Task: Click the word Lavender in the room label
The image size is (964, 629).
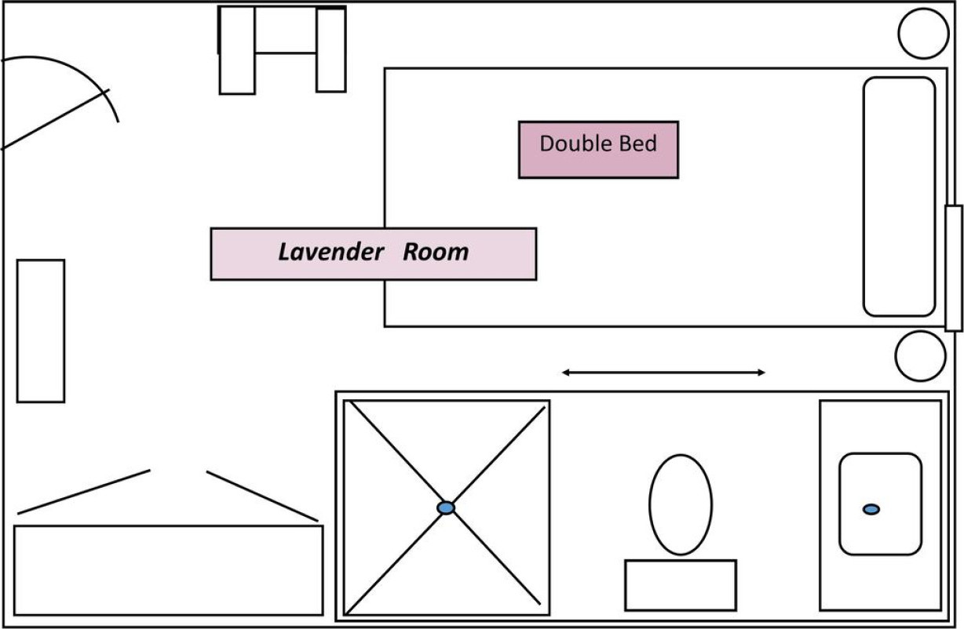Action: [331, 252]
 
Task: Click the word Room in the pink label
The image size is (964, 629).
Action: [436, 252]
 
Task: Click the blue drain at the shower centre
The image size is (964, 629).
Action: [446, 507]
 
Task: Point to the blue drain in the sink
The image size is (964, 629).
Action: [871, 510]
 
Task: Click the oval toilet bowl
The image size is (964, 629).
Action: [681, 505]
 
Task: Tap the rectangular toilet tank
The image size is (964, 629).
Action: [681, 585]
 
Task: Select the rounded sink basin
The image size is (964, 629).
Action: [881, 504]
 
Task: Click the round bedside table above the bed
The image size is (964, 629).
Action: [923, 34]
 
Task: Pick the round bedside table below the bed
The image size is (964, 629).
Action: [921, 356]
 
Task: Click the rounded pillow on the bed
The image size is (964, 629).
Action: [900, 197]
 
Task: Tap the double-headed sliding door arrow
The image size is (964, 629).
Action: [663, 373]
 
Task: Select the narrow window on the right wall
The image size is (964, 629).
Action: [954, 268]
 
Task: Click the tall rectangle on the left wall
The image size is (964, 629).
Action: [41, 331]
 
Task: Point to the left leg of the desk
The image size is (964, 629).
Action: [237, 50]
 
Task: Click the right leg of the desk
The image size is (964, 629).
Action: [331, 50]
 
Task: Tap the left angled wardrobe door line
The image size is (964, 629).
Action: [84, 492]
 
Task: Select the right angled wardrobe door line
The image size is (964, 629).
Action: [262, 496]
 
